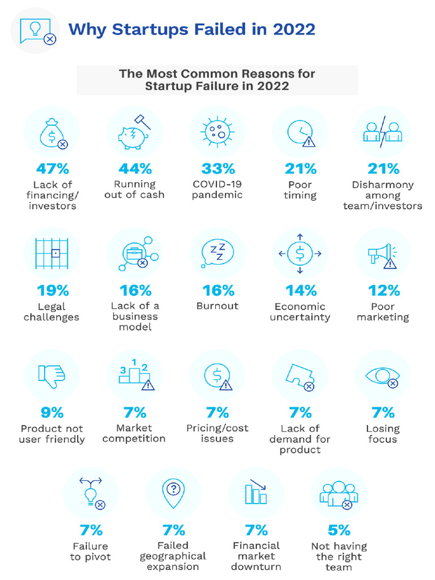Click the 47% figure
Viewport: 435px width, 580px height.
coord(53,168)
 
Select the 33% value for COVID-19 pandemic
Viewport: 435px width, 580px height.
coord(218,168)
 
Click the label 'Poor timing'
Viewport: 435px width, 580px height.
coord(300,190)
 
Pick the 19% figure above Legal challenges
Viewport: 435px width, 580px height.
coord(53,291)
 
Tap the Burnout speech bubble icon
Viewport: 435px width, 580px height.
coord(217,254)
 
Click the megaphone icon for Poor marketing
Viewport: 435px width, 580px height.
coord(382,255)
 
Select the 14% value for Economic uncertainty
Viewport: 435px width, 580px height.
coord(301,291)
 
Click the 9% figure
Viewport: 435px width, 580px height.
coord(52,412)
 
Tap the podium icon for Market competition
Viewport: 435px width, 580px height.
coord(135,374)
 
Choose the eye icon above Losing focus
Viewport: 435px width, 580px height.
coord(383,376)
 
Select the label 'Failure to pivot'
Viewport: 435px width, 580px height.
coord(91,551)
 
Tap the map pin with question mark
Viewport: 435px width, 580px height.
coord(173,493)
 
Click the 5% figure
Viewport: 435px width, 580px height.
coord(339,530)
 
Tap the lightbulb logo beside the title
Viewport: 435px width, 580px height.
coord(35,29)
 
